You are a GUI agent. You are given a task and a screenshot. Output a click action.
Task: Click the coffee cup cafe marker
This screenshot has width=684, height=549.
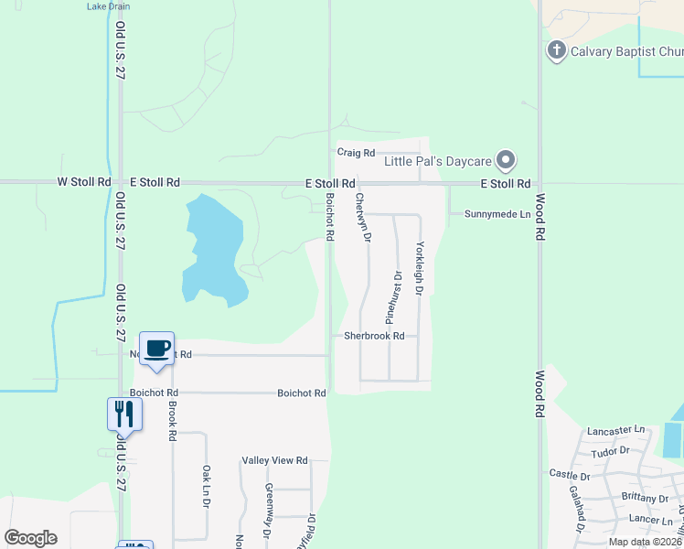[156, 348]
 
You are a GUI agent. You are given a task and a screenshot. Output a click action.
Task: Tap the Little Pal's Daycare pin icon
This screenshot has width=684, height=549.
[506, 161]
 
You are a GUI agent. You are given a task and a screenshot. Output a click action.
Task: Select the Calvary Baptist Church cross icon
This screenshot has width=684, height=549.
[556, 50]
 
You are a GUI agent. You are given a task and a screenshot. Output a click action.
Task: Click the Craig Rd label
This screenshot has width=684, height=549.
[356, 153]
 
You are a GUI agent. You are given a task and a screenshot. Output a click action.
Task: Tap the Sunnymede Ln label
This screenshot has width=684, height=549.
[497, 214]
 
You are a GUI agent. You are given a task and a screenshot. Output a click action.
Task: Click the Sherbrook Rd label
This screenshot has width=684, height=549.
[374, 336]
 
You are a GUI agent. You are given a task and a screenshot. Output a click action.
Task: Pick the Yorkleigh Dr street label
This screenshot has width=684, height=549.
[420, 268]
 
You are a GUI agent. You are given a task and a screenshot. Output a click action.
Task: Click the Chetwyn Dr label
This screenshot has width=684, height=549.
[363, 217]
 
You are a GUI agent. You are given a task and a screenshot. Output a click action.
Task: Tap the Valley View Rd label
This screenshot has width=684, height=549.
[273, 460]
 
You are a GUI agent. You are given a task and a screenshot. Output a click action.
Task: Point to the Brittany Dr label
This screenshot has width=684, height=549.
[644, 499]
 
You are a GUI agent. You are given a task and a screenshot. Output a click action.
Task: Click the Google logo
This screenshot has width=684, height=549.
[30, 538]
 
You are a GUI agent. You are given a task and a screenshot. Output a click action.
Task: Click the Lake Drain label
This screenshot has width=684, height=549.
[108, 5]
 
